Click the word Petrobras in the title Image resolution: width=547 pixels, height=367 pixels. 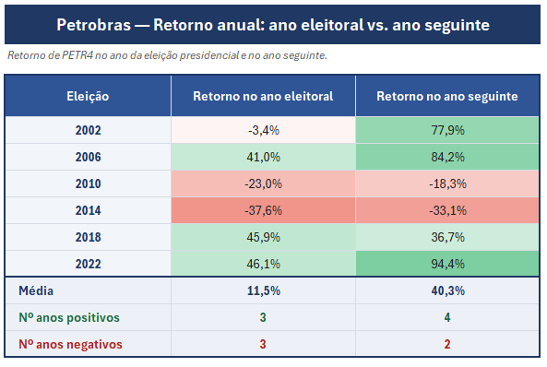(94, 25)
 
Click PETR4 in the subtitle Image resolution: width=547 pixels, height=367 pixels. (77, 55)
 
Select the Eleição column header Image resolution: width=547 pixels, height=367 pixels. (88, 96)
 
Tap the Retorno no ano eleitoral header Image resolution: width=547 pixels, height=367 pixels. (263, 96)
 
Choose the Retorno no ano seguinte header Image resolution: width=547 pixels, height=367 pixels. (447, 96)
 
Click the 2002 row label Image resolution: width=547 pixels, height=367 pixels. (89, 130)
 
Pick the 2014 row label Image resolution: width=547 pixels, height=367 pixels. (89, 211)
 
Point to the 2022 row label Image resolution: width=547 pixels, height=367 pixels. (89, 264)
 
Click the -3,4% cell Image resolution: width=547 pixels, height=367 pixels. (264, 130)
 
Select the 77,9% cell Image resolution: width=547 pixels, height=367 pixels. (448, 130)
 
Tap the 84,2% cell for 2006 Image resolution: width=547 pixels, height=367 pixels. (448, 157)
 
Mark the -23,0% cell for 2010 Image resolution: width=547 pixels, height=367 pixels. (264, 183)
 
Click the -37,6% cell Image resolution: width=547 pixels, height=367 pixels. (264, 211)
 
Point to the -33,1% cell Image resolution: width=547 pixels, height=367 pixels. (448, 211)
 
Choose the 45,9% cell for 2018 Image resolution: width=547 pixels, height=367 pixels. (264, 237)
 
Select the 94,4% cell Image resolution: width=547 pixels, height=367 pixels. (448, 264)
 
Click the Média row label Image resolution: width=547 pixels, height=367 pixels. (36, 291)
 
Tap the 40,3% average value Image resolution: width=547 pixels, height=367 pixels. (448, 291)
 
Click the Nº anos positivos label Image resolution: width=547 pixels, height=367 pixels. (69, 318)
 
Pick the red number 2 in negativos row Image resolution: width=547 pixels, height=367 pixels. (447, 344)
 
